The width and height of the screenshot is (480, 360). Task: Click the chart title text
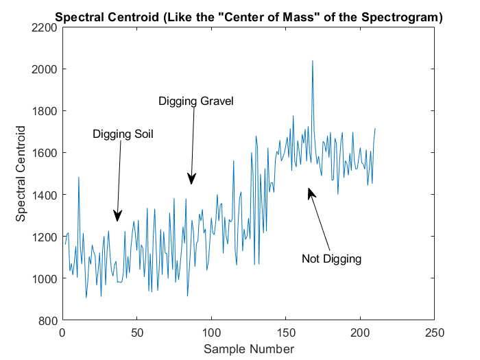248,17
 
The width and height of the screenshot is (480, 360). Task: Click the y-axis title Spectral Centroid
21,173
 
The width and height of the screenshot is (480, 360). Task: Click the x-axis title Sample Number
248,349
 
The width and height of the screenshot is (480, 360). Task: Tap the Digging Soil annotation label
123,134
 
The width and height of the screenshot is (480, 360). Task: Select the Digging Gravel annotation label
196,101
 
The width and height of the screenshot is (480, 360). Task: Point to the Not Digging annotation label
331,259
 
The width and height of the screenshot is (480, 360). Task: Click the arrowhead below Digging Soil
118,216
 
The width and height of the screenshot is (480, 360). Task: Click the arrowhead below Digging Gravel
191,179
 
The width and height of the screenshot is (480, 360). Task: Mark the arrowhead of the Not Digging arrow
311,193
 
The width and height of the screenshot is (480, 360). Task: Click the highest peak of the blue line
313,60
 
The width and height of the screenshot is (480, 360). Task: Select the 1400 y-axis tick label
44,195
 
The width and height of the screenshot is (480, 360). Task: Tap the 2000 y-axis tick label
44,70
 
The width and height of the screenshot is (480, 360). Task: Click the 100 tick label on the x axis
211,333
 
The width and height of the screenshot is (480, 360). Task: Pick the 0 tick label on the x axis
62,333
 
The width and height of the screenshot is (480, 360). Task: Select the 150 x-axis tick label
286,333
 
